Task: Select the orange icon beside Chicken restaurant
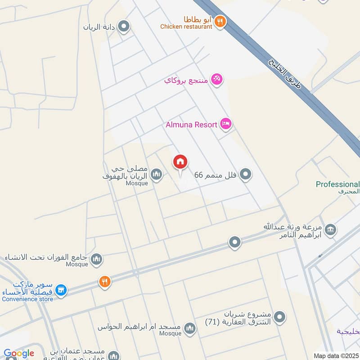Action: pyautogui.click(x=220, y=21)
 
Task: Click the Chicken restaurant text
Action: pyautogui.click(x=186, y=27)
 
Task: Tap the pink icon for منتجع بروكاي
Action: pyautogui.click(x=217, y=79)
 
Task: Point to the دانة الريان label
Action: pyautogui.click(x=99, y=27)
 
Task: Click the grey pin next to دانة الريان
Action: pyautogui.click(x=124, y=26)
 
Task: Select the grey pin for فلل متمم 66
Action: pyautogui.click(x=245, y=174)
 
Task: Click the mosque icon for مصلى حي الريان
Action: pyautogui.click(x=156, y=174)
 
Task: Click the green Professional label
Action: pyautogui.click(x=337, y=184)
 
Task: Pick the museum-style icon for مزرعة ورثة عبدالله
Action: pyautogui.click(x=330, y=230)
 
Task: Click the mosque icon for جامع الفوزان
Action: pyautogui.click(x=96, y=259)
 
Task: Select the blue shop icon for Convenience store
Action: pyautogui.click(x=62, y=290)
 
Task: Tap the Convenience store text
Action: pyautogui.click(x=27, y=299)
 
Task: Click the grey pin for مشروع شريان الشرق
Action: pyautogui.click(x=279, y=317)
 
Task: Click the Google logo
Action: pyautogui.click(x=19, y=353)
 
